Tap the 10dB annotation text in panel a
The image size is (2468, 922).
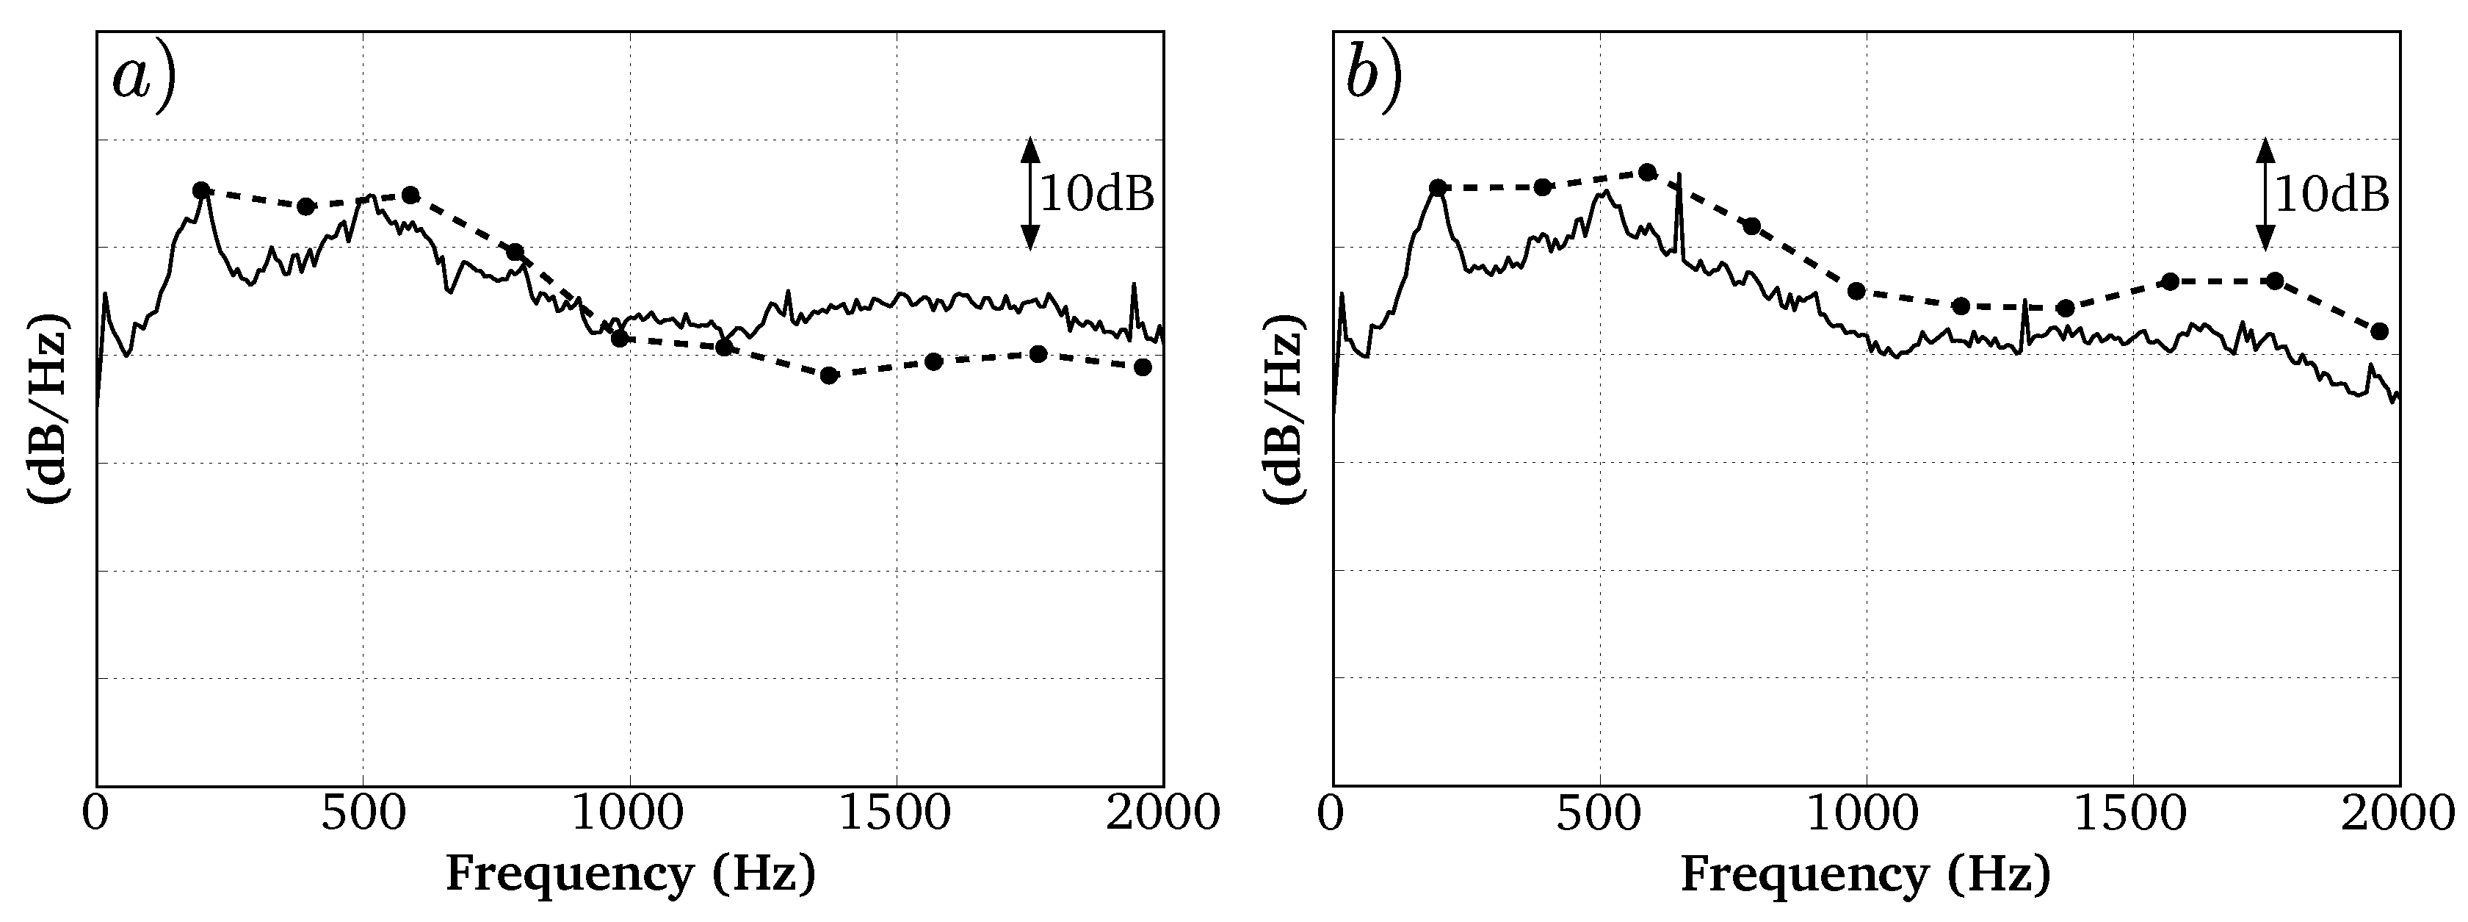pyautogui.click(x=1097, y=195)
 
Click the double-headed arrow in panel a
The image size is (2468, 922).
pyautogui.click(x=1030, y=194)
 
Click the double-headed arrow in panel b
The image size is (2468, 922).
pyautogui.click(x=2265, y=194)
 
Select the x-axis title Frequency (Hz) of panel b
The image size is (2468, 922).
pyautogui.click(x=1865, y=875)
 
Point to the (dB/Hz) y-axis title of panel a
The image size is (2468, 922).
pyautogui.click(x=48, y=407)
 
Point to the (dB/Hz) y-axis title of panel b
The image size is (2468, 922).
pyautogui.click(x=1283, y=407)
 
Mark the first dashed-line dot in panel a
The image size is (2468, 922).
pyautogui.click(x=201, y=190)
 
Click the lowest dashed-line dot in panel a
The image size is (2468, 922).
pyautogui.click(x=830, y=375)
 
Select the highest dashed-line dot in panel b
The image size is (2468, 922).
pyautogui.click(x=1648, y=173)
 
